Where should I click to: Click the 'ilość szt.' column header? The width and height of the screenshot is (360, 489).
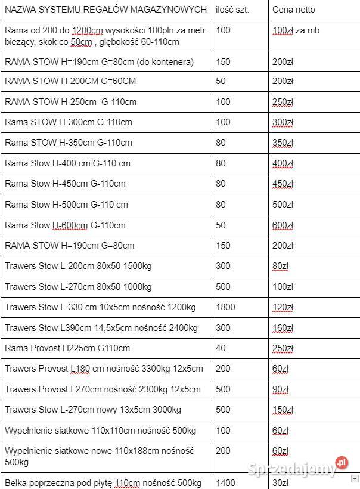233,10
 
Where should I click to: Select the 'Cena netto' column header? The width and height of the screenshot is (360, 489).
294,10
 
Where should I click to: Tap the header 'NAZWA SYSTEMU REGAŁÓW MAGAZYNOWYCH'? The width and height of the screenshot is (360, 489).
106,10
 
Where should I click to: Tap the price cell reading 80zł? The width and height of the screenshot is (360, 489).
280,266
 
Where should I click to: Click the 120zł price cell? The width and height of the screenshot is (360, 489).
283,307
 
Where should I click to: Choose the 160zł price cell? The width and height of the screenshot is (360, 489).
283,327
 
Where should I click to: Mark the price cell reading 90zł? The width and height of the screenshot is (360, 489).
280,389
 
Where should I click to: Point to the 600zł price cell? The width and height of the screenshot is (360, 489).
283,225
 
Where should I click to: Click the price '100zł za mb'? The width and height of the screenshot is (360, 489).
296,30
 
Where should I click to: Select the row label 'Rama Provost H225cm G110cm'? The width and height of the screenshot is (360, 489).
67,348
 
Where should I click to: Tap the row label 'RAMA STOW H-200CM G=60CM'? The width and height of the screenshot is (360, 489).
70,81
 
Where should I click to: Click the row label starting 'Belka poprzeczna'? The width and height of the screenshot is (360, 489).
103,482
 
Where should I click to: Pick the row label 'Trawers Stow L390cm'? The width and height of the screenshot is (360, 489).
101,327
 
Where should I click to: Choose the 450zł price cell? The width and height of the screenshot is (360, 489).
283,184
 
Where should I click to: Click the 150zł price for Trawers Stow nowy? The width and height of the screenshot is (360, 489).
283,410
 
